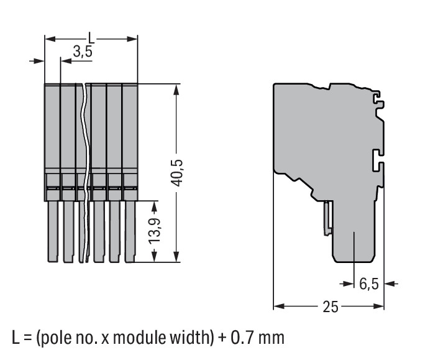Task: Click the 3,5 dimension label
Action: (x=83, y=52)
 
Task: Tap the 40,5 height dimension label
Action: (x=176, y=173)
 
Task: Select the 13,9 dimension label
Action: (x=154, y=231)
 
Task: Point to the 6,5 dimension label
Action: (x=368, y=284)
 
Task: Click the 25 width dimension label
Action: (x=330, y=307)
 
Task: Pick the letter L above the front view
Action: (x=91, y=38)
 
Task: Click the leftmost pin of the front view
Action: (x=53, y=231)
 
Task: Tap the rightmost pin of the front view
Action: (x=130, y=231)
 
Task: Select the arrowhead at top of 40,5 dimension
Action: (x=176, y=90)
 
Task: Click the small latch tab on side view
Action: (x=328, y=218)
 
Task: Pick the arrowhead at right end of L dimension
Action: (x=132, y=39)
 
